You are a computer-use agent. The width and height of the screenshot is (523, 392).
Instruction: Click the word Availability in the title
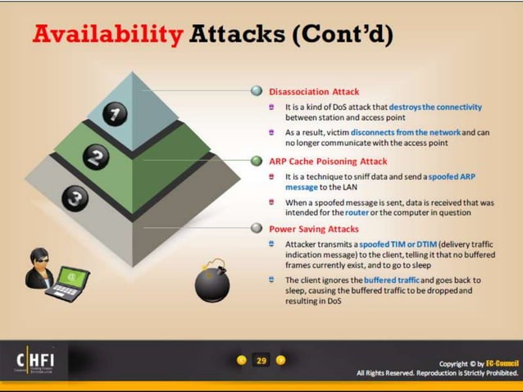[x=106, y=34]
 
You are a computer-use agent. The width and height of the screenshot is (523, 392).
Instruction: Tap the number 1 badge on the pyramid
[x=116, y=115]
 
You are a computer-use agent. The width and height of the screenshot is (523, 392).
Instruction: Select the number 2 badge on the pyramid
[x=97, y=157]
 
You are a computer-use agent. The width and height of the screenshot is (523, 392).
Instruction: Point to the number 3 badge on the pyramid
[x=75, y=198]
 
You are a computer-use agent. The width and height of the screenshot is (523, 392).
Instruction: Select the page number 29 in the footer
[x=261, y=360]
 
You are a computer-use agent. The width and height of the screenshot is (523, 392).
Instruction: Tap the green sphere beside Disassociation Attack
[x=257, y=91]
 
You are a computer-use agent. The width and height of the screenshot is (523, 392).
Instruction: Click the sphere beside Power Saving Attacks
[x=257, y=230]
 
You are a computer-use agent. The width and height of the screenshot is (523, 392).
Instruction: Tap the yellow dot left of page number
[x=241, y=360]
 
